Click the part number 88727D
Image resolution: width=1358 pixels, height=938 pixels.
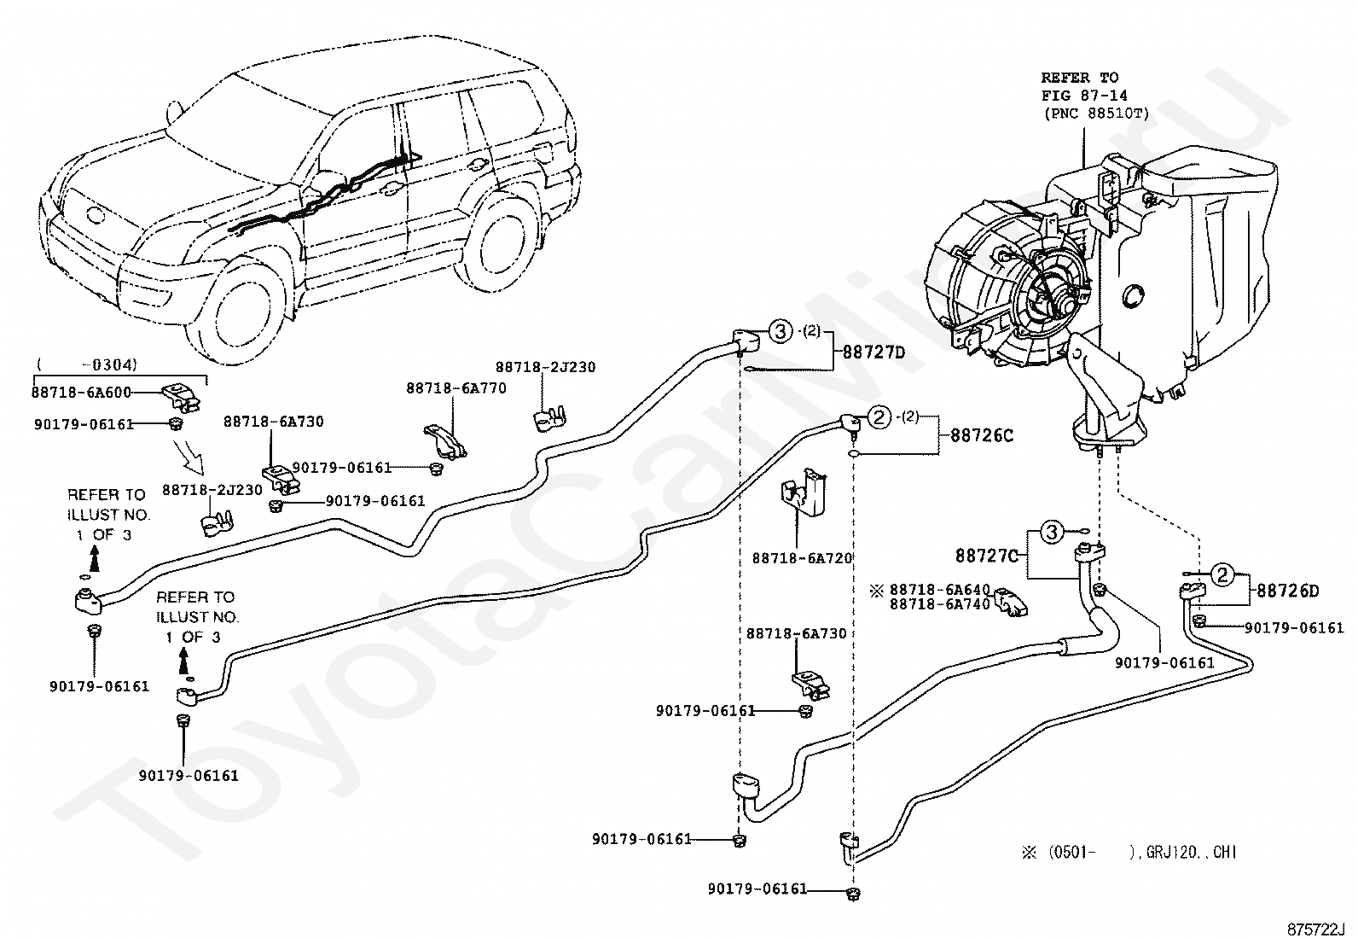873,352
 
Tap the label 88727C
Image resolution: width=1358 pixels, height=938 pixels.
986,556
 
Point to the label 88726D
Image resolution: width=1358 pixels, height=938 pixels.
1288,591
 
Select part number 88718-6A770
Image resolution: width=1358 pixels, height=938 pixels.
456,388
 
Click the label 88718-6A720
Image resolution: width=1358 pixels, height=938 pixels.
802,558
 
